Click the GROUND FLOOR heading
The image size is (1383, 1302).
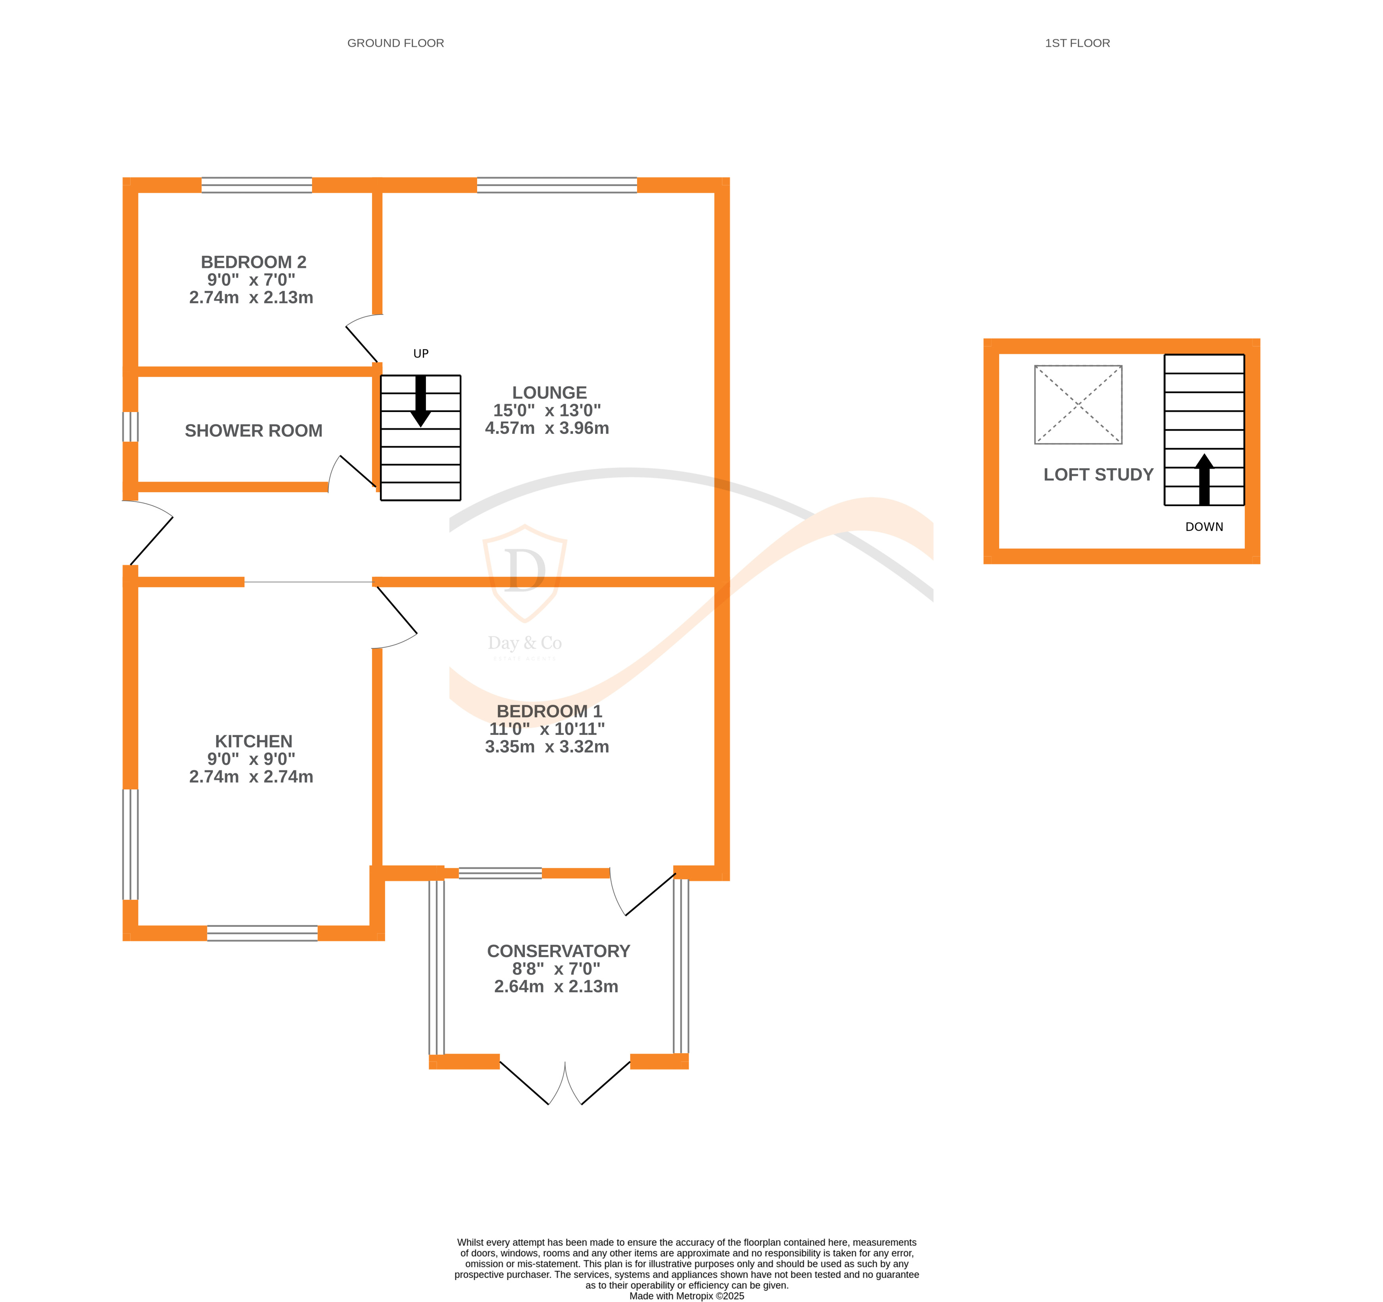395,43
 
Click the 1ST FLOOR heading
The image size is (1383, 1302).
1077,43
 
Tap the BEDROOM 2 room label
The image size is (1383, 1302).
253,262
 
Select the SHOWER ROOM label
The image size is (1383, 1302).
253,431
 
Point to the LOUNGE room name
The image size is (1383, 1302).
549,393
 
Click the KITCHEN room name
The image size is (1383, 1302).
253,742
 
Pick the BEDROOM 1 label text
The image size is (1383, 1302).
549,711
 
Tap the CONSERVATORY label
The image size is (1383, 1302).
558,951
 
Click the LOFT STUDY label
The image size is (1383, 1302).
1098,474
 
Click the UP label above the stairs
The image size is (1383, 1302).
421,353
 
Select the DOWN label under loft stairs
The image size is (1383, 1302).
1204,526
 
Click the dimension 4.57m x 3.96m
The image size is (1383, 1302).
547,428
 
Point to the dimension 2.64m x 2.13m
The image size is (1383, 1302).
556,986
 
